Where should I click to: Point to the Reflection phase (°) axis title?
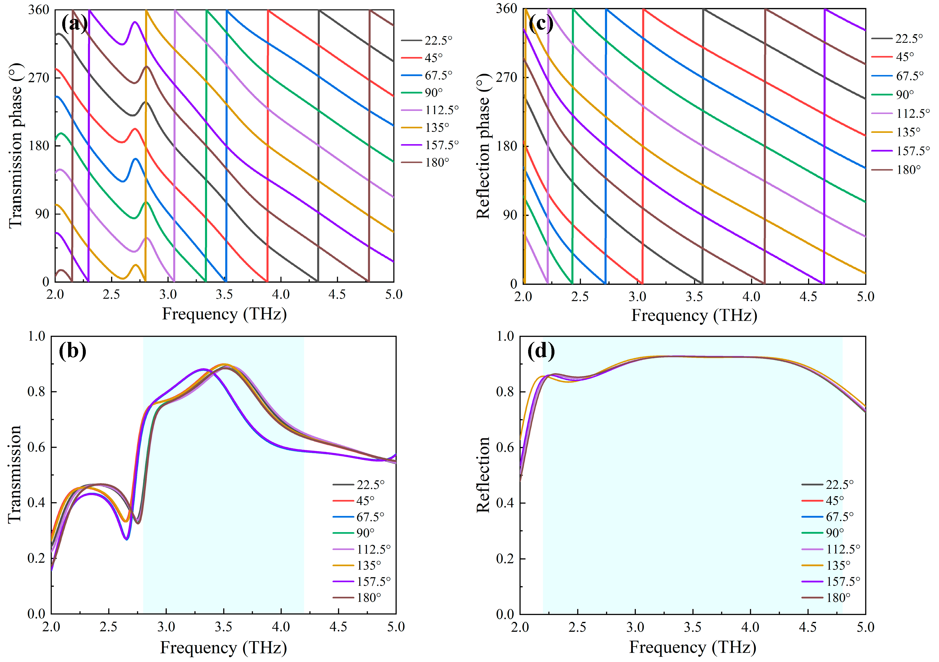pyautogui.click(x=483, y=146)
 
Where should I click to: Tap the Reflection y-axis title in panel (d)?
pyautogui.click(x=483, y=475)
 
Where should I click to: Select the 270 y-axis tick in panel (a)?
pyautogui.click(x=39, y=78)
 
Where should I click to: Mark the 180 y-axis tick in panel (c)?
pyautogui.click(x=507, y=146)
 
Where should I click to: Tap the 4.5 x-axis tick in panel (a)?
pyautogui.click(x=337, y=294)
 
